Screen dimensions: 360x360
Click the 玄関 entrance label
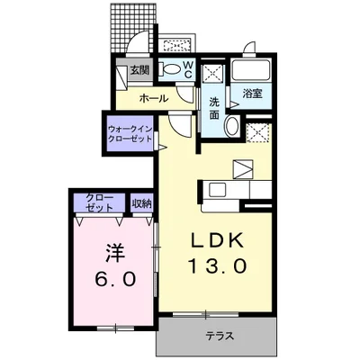point(139,69)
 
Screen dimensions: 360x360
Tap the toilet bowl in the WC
point(170,68)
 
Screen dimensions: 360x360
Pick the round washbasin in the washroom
point(232,126)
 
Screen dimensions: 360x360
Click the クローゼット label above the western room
point(99,201)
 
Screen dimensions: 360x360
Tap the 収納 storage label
point(140,202)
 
